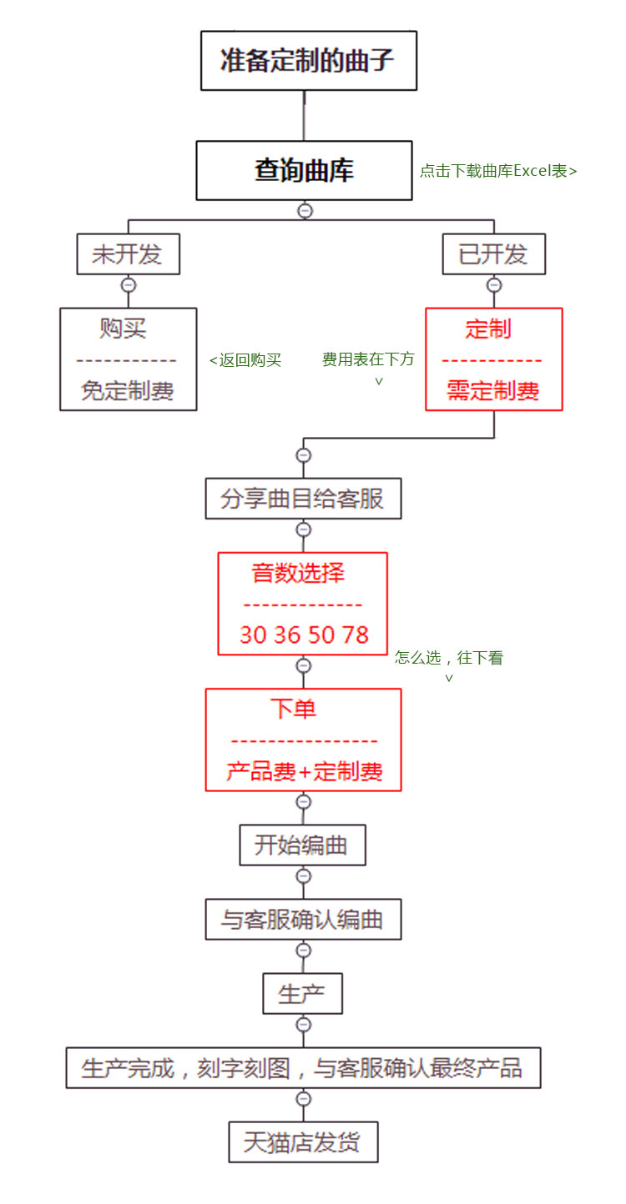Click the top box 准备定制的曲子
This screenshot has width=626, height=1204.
(x=309, y=60)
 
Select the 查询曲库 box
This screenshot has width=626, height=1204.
(x=304, y=170)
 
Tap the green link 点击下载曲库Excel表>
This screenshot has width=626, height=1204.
(x=498, y=171)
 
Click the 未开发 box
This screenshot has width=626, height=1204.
(x=128, y=254)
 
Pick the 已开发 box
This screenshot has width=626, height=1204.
(x=493, y=254)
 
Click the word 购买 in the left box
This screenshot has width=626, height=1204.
(x=123, y=328)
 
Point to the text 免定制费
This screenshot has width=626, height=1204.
(x=128, y=391)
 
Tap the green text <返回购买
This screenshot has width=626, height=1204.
(x=245, y=360)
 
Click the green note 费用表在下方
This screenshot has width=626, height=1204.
(x=368, y=359)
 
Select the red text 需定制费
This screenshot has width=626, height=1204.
(x=493, y=391)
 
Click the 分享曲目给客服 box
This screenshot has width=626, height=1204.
(x=303, y=499)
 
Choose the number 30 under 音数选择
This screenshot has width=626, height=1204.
(x=254, y=635)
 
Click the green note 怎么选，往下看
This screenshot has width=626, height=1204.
(x=449, y=657)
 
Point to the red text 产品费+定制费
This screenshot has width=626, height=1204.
(x=304, y=771)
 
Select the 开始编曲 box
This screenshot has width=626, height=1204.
(x=302, y=845)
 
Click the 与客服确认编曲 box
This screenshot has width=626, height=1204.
(x=303, y=919)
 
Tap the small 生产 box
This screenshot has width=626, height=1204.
(x=302, y=993)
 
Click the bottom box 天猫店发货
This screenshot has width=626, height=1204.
(x=303, y=1142)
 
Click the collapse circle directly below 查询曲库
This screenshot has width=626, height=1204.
(x=305, y=211)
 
